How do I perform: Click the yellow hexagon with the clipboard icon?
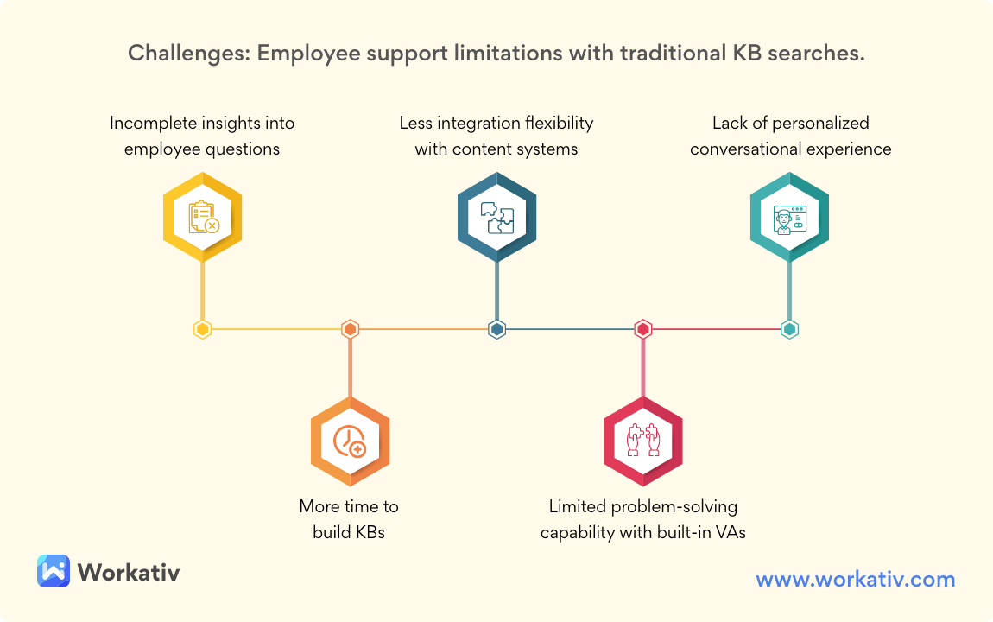pos(203,216)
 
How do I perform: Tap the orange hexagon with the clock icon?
pos(350,441)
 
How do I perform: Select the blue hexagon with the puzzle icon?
pos(496,216)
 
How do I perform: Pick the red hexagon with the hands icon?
pos(643,441)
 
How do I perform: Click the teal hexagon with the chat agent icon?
pos(789,216)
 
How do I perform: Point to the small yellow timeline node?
pos(203,329)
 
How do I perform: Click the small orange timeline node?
pos(350,329)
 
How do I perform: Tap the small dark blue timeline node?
pos(496,329)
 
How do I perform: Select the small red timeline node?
pos(643,329)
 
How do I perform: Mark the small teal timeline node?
pos(789,329)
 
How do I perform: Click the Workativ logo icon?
pos(53,571)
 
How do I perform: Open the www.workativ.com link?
pos(856,579)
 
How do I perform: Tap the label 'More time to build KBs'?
pos(349,519)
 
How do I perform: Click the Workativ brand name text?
pos(129,572)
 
